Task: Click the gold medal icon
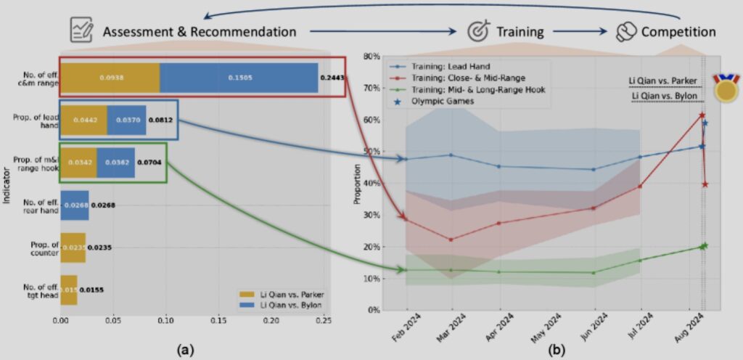click(x=726, y=87)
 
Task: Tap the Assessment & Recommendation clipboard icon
click(x=81, y=30)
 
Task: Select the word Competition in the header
click(x=678, y=32)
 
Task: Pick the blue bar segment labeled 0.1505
click(x=239, y=78)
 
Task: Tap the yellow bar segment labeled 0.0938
click(x=110, y=78)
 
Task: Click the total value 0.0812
click(x=160, y=120)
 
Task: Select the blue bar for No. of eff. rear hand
click(x=75, y=205)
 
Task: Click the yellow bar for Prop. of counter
click(x=73, y=247)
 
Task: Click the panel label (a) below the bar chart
click(x=186, y=349)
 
